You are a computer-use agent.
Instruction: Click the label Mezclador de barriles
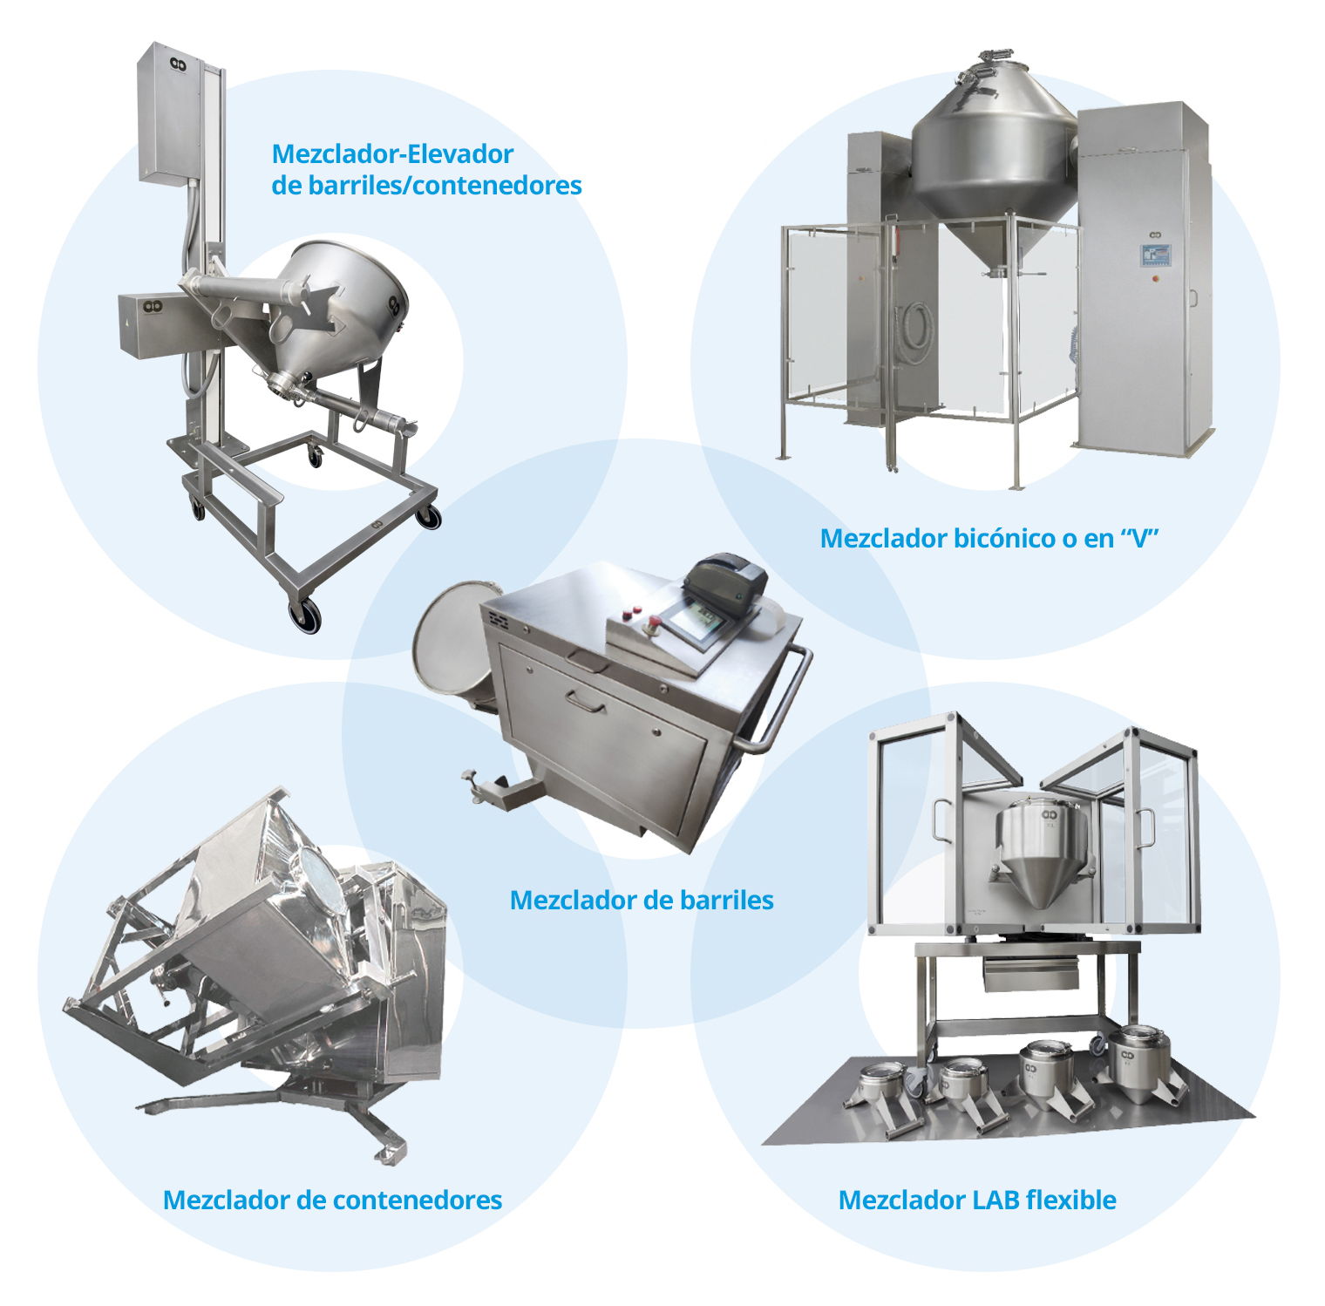[642, 900]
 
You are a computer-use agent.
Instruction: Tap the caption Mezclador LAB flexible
[977, 1200]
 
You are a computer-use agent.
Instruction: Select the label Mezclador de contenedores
[332, 1200]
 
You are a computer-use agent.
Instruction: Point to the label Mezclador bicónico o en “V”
[989, 538]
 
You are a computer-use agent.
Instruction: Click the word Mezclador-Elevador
[392, 153]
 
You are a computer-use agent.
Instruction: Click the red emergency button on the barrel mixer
[651, 622]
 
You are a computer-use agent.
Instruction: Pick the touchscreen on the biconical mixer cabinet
[1155, 255]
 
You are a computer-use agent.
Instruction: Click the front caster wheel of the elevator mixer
[305, 616]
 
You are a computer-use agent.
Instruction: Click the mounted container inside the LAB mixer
[1043, 849]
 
